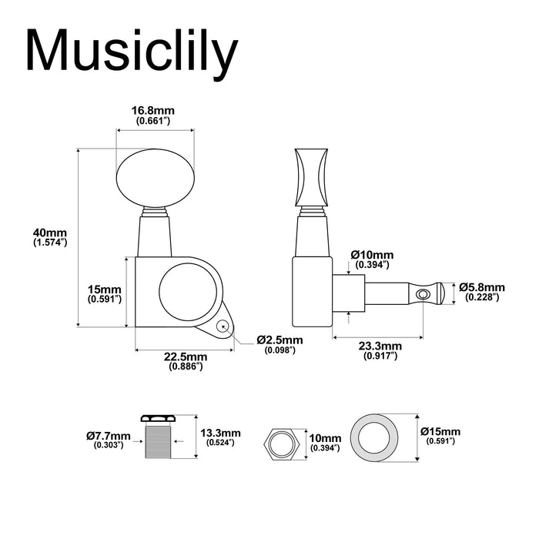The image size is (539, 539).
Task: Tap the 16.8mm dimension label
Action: (x=153, y=115)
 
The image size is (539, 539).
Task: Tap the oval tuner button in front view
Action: (x=154, y=178)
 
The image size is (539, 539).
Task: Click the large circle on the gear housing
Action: (x=188, y=292)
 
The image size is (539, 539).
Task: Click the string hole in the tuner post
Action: (x=420, y=293)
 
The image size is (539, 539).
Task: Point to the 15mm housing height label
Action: (x=105, y=293)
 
